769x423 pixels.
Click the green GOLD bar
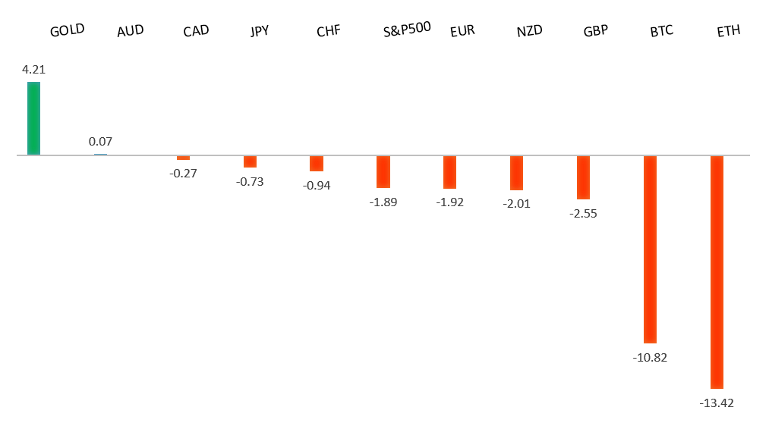click(x=33, y=118)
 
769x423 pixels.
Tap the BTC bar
click(x=650, y=249)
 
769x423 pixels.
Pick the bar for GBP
click(x=583, y=177)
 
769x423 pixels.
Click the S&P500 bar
click(x=383, y=171)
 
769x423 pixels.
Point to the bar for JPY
click(x=250, y=161)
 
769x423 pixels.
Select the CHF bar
click(x=317, y=163)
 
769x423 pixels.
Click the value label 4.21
click(x=34, y=70)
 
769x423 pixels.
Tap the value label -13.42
click(x=717, y=403)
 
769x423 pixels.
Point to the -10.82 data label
click(x=650, y=357)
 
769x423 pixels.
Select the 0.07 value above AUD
click(x=100, y=141)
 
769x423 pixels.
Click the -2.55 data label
click(x=583, y=213)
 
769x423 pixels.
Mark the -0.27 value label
click(x=183, y=173)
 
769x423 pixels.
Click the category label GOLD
click(x=67, y=30)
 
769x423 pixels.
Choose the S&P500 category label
click(x=408, y=29)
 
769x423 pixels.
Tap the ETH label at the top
click(x=728, y=31)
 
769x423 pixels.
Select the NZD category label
click(x=529, y=31)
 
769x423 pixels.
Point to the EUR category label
click(x=462, y=31)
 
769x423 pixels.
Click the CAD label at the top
click(x=196, y=31)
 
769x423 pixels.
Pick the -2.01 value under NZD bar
click(x=516, y=203)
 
